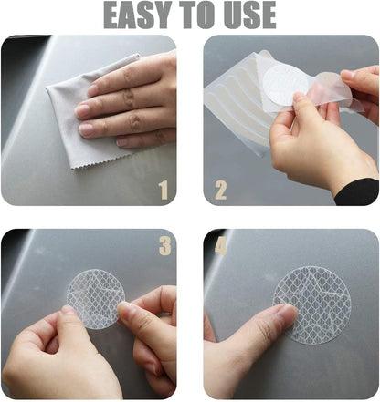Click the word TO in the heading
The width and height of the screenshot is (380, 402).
coord(199,15)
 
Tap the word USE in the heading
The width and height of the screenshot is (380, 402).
coord(251,15)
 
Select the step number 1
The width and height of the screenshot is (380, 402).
coord(164,190)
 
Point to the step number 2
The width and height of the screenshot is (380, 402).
coord(220,190)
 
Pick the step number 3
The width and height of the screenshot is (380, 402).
coord(164,245)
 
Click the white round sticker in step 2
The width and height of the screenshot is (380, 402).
coord(286,85)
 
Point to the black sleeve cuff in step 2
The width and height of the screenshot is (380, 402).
coord(359,192)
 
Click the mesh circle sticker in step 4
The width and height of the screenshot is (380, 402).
coord(312,305)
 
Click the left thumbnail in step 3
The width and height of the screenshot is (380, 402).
coord(69,310)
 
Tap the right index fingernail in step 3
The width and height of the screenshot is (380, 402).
coord(125,308)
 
